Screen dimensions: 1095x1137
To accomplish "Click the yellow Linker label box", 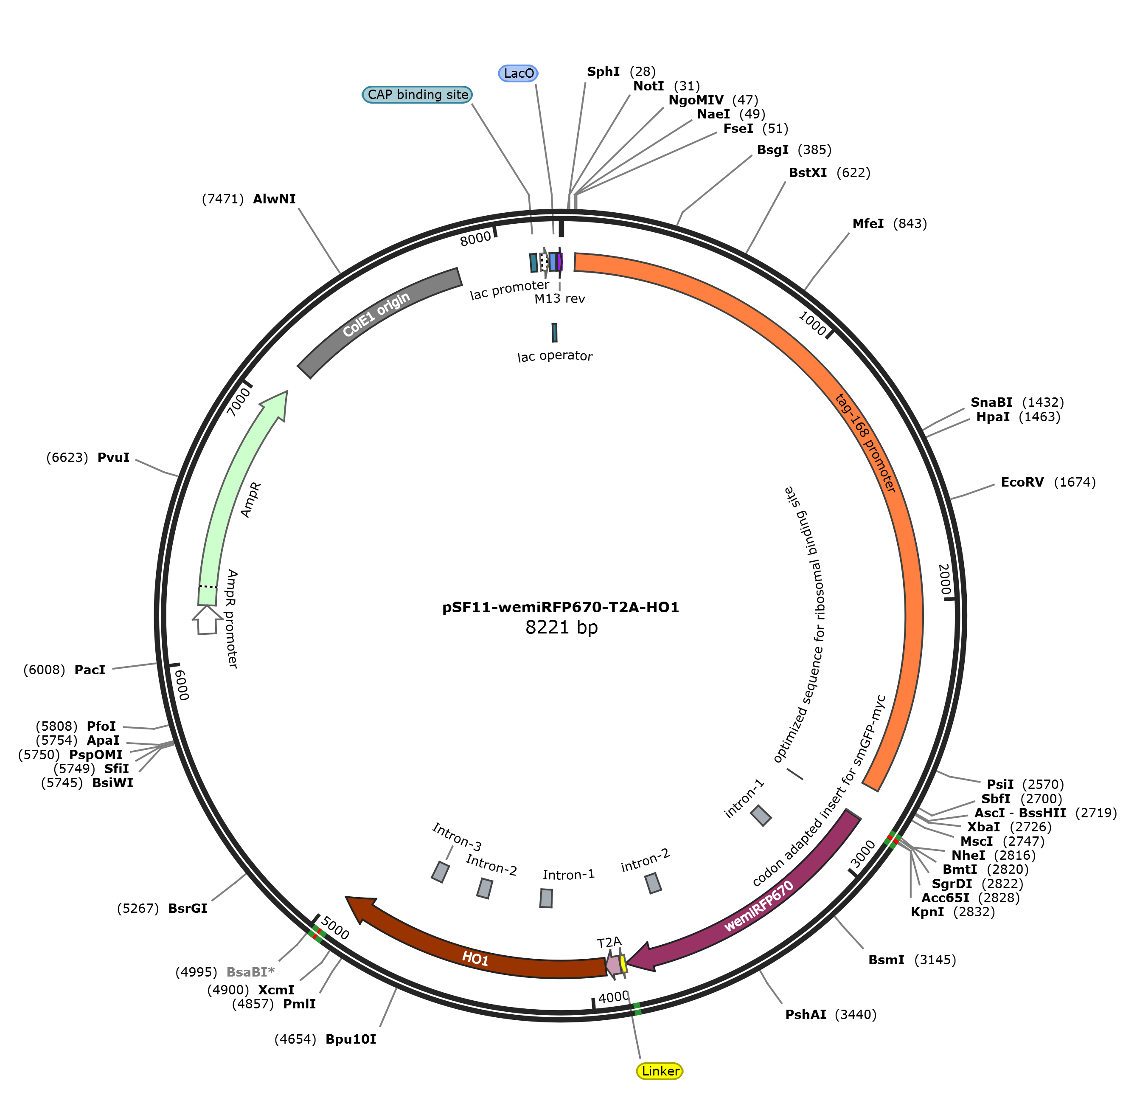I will pyautogui.click(x=660, y=1071).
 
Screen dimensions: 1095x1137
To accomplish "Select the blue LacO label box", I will pyautogui.click(x=519, y=73).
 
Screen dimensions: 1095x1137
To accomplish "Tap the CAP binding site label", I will pyautogui.click(x=417, y=95).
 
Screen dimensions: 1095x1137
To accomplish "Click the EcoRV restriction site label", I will pyautogui.click(x=1022, y=482).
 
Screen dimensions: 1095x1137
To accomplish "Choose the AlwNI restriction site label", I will pyautogui.click(x=275, y=199).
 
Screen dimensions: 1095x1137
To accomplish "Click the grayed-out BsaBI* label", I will pyautogui.click(x=250, y=971).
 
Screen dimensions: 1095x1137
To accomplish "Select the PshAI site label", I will pyautogui.click(x=806, y=1014).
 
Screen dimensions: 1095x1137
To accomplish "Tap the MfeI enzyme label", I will pyautogui.click(x=868, y=223).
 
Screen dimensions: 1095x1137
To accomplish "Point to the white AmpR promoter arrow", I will pyautogui.click(x=207, y=620).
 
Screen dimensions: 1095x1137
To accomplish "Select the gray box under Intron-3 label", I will pyautogui.click(x=440, y=872).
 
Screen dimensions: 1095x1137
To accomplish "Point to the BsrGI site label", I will pyautogui.click(x=187, y=908).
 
